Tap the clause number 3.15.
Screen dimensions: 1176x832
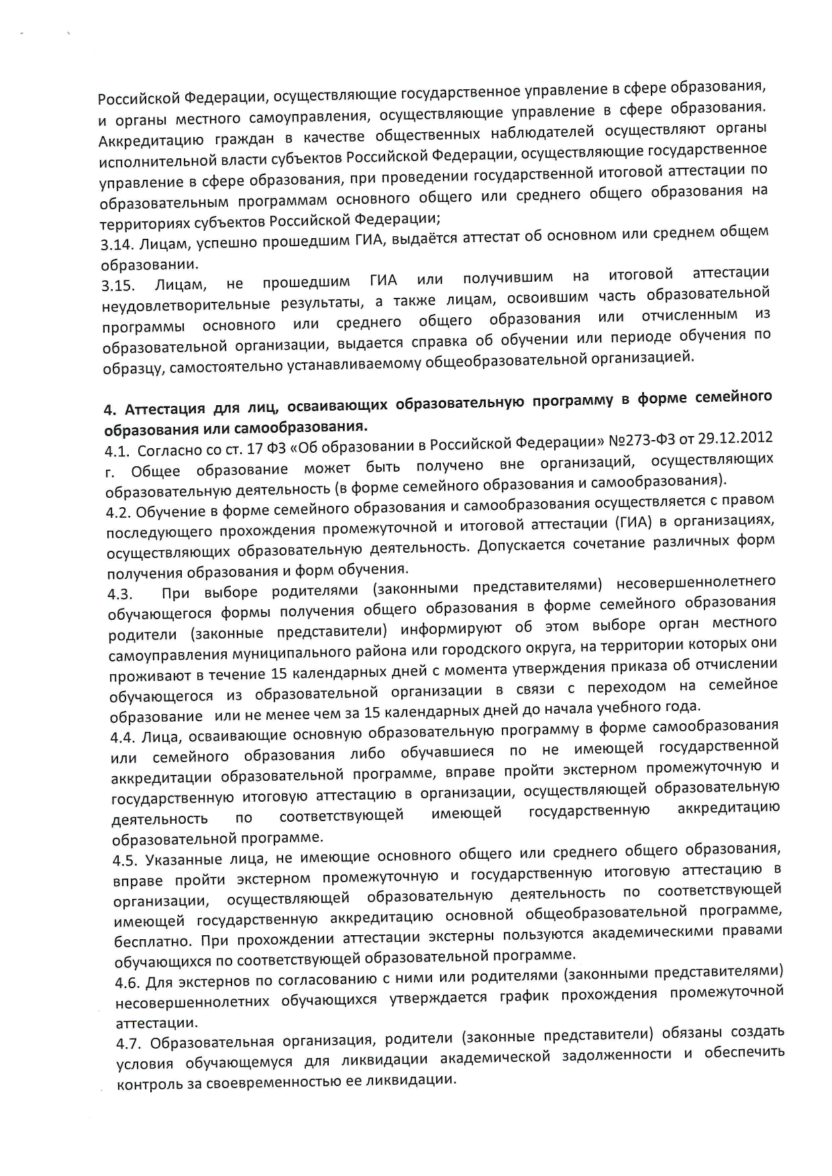point(117,286)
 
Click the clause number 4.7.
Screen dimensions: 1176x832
point(129,1044)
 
